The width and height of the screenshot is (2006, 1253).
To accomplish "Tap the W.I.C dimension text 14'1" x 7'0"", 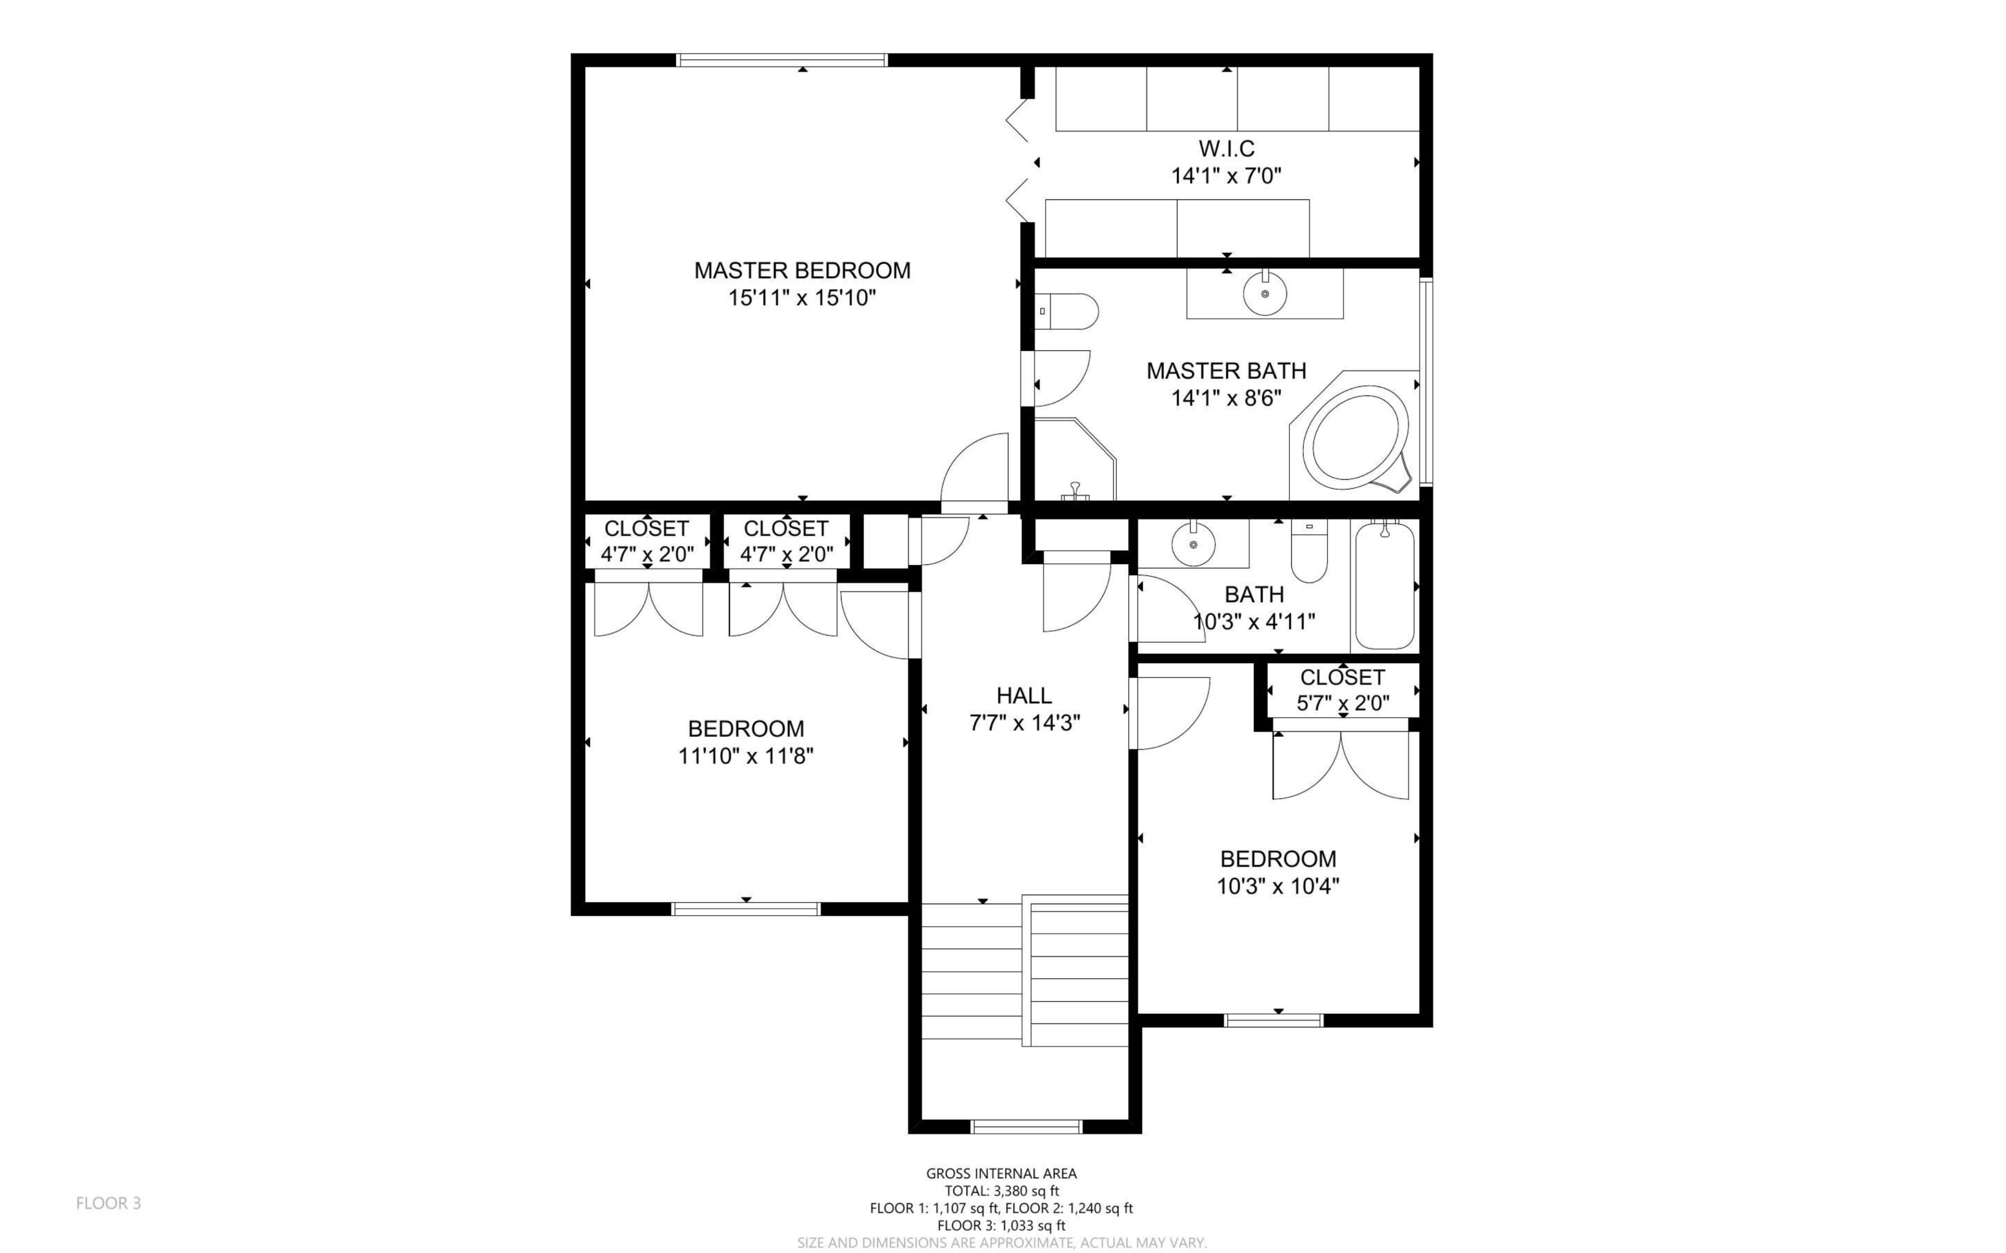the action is coord(1226,176).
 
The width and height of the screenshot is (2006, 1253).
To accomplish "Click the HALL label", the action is coord(1024,695).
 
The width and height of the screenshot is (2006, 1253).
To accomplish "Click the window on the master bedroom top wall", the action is coord(782,60).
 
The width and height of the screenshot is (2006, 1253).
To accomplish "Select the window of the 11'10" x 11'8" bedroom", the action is coord(745,909).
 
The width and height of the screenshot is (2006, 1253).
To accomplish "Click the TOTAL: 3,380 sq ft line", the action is coord(1001,1191).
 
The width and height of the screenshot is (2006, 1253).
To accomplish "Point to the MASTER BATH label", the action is coord(1226,371).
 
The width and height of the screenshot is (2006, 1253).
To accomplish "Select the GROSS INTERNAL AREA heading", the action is coord(1001,1174).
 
